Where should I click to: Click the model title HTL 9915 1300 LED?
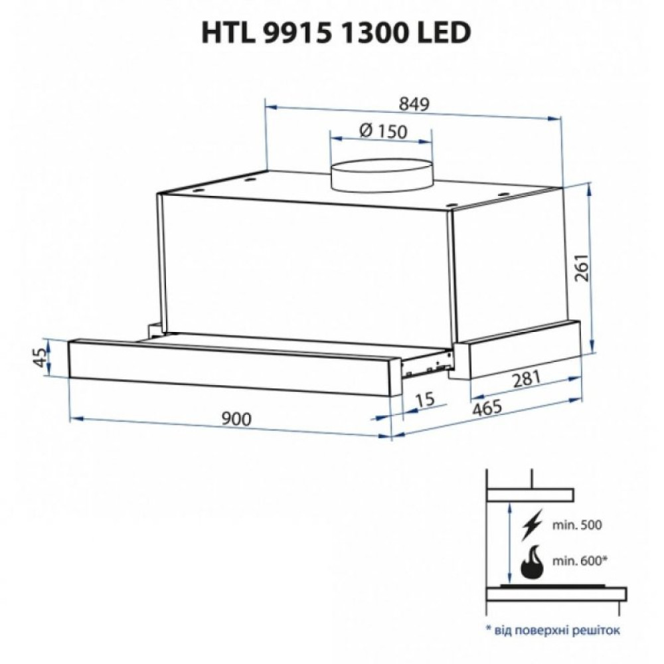(336, 33)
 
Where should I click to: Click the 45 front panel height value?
(40, 358)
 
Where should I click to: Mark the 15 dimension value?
(424, 400)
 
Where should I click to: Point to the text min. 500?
(576, 525)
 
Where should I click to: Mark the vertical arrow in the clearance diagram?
(509, 544)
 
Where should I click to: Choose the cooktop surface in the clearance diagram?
(556, 593)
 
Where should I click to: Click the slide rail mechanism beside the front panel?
(428, 364)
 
